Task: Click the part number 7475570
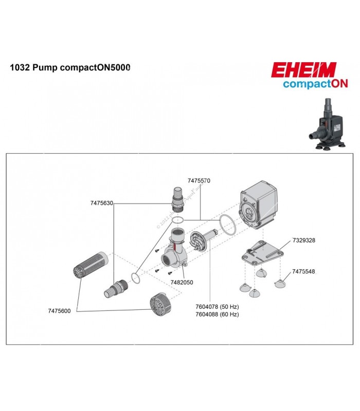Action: [199, 181]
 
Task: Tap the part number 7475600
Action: [59, 311]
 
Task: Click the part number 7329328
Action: [304, 240]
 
